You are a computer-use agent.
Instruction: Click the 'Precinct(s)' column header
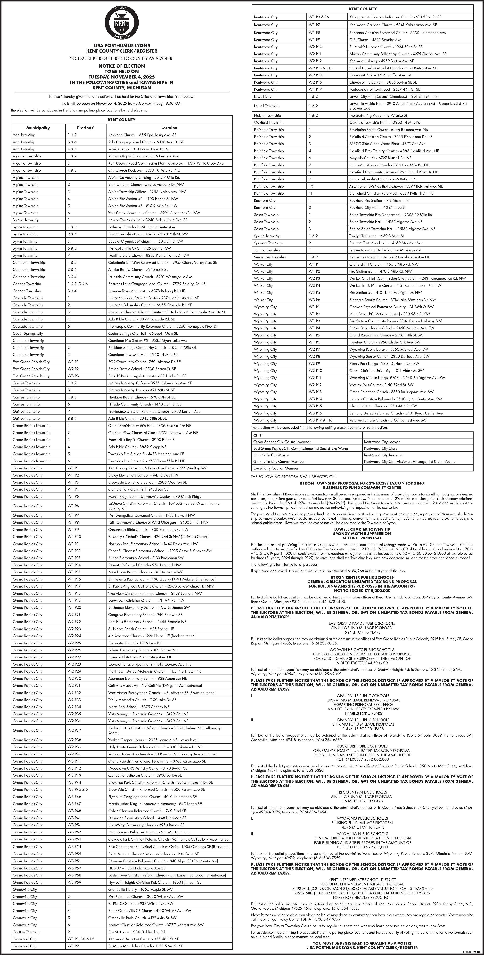click(86, 127)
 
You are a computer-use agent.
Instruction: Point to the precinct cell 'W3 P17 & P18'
click(320, 420)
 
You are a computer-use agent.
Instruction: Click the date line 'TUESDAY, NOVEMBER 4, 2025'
click(122, 77)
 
